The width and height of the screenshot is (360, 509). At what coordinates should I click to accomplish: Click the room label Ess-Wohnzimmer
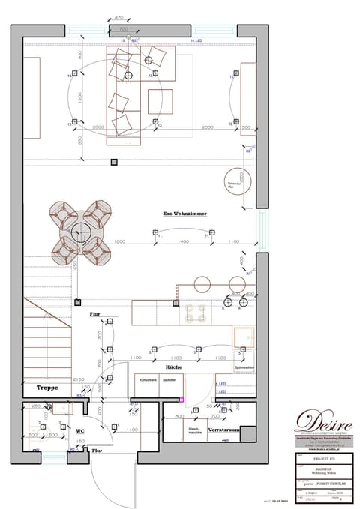pyautogui.click(x=184, y=214)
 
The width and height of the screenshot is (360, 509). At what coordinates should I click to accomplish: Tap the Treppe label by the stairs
pyautogui.click(x=47, y=388)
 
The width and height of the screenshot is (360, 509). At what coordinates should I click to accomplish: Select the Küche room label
pyautogui.click(x=173, y=367)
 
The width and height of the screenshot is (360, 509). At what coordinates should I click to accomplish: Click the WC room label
pyautogui.click(x=79, y=430)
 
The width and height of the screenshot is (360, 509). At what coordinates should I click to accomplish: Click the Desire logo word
pyautogui.click(x=323, y=418)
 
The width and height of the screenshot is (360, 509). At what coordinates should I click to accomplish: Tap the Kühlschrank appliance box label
pyautogui.click(x=147, y=381)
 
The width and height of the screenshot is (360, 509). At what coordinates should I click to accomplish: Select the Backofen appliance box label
pyautogui.click(x=169, y=381)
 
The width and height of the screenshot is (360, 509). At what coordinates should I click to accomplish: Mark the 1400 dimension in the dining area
pyautogui.click(x=180, y=242)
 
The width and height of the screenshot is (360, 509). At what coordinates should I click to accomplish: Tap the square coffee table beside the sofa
pyautogui.click(x=156, y=100)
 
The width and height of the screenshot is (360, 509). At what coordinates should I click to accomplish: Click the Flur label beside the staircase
pyautogui.click(x=95, y=314)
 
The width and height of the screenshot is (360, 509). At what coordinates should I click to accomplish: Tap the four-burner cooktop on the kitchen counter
pyautogui.click(x=198, y=312)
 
